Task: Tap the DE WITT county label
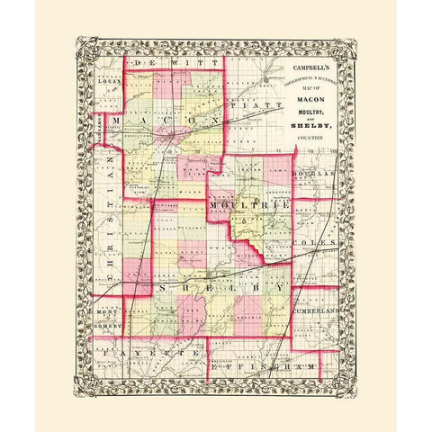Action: click(x=172, y=65)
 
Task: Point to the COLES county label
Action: click(x=319, y=242)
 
